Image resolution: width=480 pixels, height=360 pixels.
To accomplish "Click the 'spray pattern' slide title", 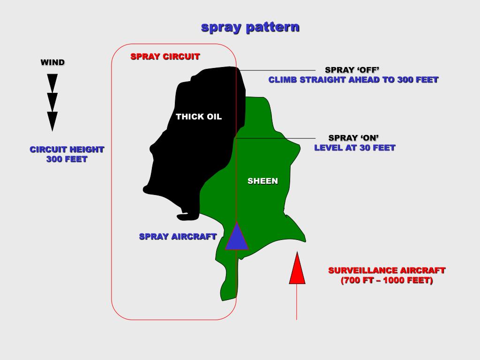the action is (250, 27).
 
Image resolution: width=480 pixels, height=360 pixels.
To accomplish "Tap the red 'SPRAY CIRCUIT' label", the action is (165, 57).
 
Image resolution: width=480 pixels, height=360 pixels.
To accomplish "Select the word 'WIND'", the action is (52, 62).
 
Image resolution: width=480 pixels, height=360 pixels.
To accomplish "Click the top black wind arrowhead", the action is (52, 82).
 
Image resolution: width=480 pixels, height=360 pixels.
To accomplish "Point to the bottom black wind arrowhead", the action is (52, 120).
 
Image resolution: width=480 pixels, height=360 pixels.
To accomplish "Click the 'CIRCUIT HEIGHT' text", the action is (67, 150).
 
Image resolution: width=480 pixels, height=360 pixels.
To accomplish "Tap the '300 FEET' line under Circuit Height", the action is (67, 159).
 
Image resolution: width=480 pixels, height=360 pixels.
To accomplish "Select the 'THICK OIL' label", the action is (199, 117).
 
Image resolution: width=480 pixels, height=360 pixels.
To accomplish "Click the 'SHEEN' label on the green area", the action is (262, 181).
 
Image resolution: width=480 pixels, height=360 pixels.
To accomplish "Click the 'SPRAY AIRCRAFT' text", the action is (178, 237).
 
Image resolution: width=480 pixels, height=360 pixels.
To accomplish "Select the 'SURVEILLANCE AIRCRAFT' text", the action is (387, 270).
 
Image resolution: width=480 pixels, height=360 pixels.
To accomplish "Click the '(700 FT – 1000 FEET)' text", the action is (387, 281).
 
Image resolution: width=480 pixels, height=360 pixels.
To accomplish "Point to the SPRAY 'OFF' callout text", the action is (352, 70).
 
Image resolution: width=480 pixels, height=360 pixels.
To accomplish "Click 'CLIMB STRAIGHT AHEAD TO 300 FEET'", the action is (353, 80).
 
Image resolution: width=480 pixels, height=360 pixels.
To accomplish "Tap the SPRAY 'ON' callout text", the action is (353, 138).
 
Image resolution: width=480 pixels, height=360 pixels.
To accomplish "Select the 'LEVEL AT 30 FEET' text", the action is (355, 148).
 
